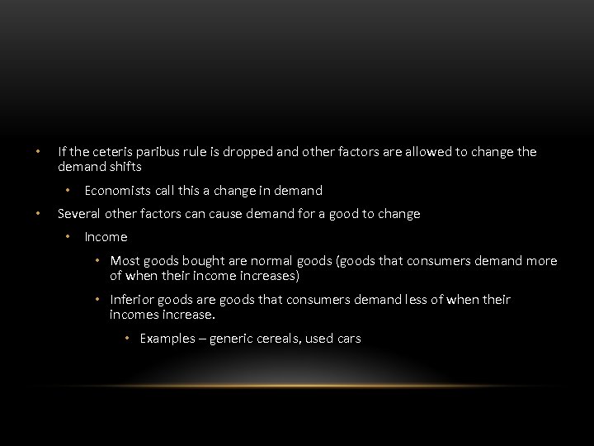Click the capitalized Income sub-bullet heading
(x=106, y=237)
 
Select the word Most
(x=125, y=261)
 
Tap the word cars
(x=348, y=339)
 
